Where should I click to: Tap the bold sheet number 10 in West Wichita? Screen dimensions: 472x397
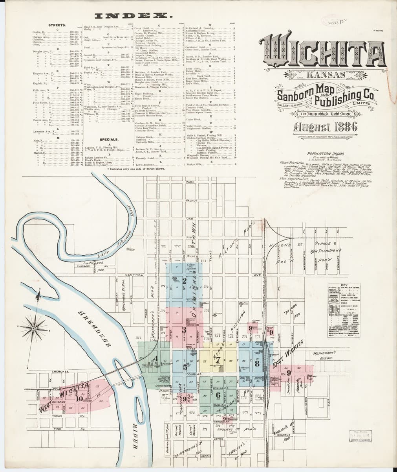(80, 398)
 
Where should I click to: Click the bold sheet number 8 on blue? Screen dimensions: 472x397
(257, 363)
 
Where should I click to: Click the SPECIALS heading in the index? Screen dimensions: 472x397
(110, 139)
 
